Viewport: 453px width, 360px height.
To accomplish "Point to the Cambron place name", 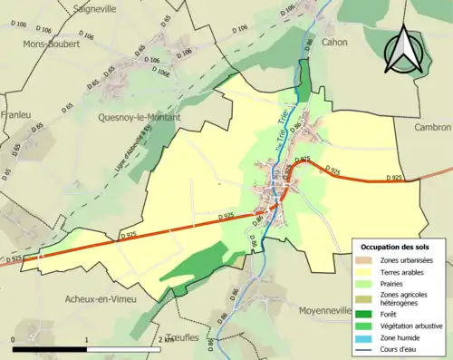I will point(433,128).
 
